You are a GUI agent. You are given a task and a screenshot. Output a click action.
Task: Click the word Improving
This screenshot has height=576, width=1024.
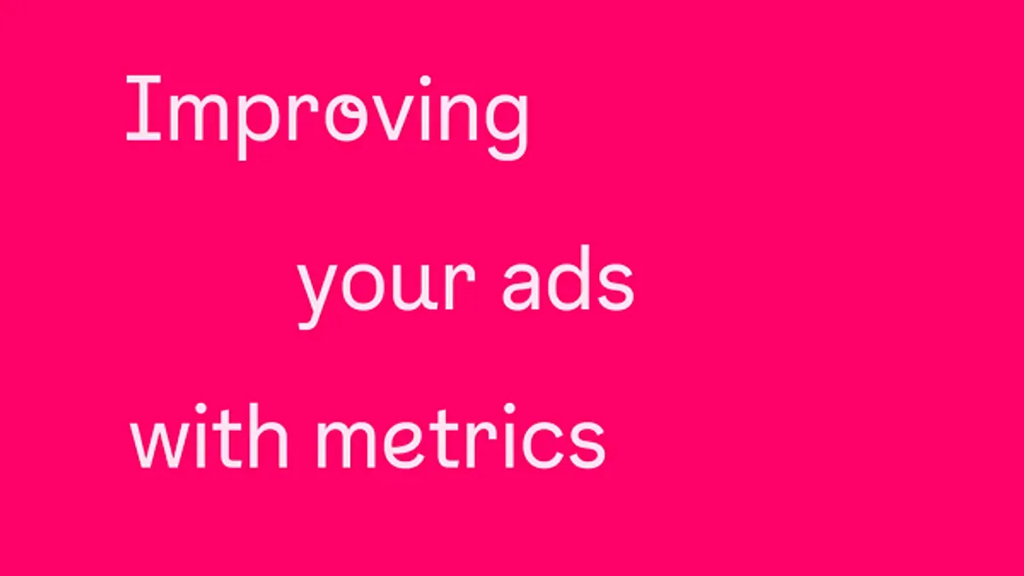point(328,118)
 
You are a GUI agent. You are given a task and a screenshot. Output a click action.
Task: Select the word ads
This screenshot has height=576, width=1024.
point(568,279)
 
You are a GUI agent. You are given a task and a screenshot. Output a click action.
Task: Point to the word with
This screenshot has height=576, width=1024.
point(209,436)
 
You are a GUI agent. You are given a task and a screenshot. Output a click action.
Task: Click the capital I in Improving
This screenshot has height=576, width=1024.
point(143,108)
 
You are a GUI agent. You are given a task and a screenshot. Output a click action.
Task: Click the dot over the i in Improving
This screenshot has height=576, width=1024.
point(425,81)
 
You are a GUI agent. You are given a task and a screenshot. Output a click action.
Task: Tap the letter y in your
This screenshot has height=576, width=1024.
point(319,296)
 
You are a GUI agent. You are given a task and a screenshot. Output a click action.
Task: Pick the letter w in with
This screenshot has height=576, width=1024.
point(159,446)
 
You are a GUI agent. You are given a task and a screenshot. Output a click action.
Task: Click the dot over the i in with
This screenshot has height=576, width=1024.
point(201,408)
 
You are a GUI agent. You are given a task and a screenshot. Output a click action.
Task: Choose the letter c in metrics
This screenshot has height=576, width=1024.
point(542,445)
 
